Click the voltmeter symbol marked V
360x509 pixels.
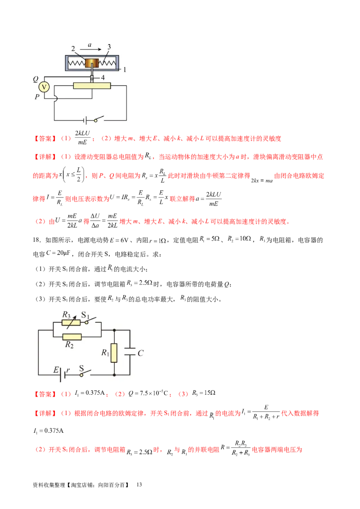(x=44, y=86)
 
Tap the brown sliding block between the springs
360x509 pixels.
(x=93, y=63)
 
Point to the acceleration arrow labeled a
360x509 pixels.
(x=90, y=50)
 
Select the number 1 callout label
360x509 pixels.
(x=125, y=69)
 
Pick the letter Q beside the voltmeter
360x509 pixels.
(x=35, y=79)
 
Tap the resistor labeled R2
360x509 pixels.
(x=72, y=336)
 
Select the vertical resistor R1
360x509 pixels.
(x=114, y=353)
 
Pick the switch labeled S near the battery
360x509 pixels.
(x=86, y=373)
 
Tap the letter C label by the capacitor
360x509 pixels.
(x=140, y=353)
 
